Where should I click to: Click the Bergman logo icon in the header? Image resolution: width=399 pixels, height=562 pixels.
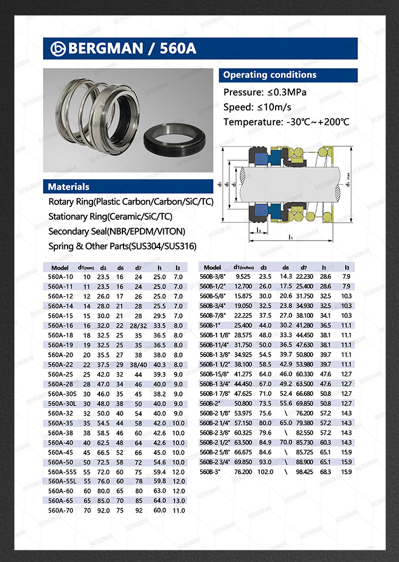point(57,48)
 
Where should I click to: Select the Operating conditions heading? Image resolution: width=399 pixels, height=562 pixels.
point(270,75)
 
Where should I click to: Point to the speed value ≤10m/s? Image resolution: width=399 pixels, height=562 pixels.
point(275,107)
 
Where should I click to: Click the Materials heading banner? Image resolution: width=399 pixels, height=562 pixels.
point(69,187)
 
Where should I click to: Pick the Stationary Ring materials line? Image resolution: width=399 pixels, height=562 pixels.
point(110,217)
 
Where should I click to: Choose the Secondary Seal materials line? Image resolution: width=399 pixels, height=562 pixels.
point(117,232)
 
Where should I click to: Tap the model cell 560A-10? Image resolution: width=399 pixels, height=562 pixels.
point(60,277)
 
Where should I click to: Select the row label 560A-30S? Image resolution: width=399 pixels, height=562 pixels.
point(61,394)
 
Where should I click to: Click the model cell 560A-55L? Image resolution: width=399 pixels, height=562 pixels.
point(61,481)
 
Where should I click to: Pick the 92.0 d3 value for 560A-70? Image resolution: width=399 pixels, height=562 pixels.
point(103,510)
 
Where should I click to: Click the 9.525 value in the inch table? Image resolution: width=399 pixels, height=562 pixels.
point(243,277)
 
